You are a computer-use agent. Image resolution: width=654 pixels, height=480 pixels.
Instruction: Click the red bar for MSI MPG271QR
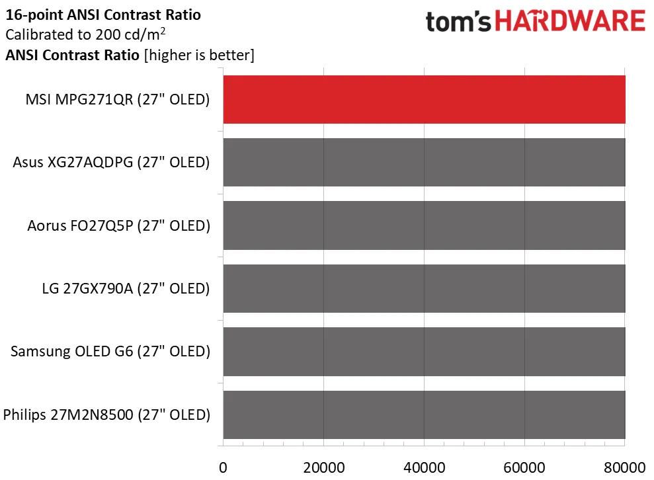pyautogui.click(x=424, y=99)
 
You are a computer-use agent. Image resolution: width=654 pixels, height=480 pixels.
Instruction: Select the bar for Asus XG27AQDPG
pyautogui.click(x=424, y=162)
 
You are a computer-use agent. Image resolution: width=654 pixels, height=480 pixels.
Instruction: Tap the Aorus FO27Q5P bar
pyautogui.click(x=424, y=225)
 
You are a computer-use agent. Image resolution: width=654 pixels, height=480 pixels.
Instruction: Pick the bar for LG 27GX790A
pyautogui.click(x=424, y=288)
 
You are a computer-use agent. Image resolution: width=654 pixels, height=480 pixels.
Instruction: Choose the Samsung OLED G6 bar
pyautogui.click(x=424, y=352)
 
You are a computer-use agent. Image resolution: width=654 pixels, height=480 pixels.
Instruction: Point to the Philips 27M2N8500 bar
pyautogui.click(x=424, y=415)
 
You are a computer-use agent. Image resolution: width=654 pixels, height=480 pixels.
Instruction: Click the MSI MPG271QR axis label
pyautogui.click(x=117, y=100)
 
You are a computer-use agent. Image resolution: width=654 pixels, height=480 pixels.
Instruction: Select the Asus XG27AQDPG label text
pyautogui.click(x=111, y=163)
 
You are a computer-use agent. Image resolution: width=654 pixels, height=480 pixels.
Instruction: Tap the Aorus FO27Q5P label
pyautogui.click(x=118, y=225)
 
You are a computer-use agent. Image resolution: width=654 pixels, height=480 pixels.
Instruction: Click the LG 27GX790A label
pyautogui.click(x=126, y=289)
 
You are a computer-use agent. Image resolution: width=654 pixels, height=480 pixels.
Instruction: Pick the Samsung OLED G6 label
pyautogui.click(x=110, y=352)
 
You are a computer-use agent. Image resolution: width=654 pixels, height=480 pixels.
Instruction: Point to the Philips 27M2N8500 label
pyautogui.click(x=106, y=415)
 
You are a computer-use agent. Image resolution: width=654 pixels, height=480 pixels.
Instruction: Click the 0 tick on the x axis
pyautogui.click(x=223, y=467)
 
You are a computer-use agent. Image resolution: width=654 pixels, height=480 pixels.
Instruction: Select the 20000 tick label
pyautogui.click(x=323, y=467)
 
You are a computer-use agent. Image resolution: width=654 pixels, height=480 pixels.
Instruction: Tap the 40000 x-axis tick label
pyautogui.click(x=424, y=467)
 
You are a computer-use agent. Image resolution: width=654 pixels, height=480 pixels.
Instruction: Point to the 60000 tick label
pyautogui.click(x=524, y=467)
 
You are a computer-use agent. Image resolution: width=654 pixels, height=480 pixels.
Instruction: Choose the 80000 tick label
pyautogui.click(x=625, y=467)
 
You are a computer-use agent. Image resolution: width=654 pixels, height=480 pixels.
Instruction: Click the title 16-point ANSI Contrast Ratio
pyautogui.click(x=102, y=14)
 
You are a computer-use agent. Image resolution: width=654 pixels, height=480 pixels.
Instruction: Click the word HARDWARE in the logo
pyautogui.click(x=570, y=22)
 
